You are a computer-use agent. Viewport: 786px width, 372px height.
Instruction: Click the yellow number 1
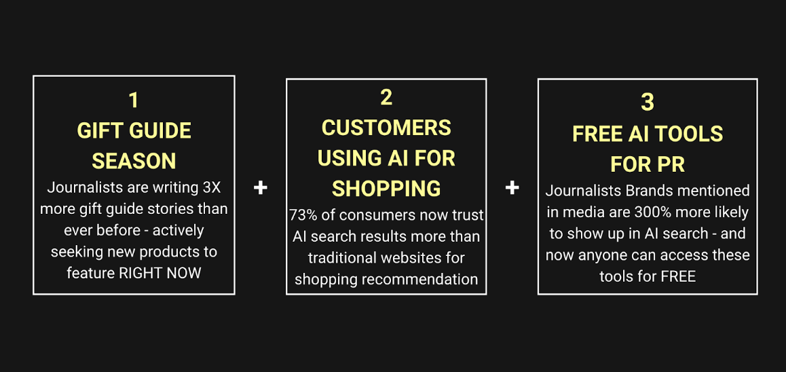tap(134, 100)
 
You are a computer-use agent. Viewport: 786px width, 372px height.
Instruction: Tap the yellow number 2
tap(386, 98)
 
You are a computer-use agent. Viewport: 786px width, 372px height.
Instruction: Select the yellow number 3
tap(648, 103)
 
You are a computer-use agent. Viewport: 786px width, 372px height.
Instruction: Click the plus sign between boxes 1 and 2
tap(261, 187)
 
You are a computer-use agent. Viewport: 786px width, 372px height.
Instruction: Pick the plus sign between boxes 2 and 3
tap(512, 187)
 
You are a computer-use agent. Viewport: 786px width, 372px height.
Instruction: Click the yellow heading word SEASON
tap(134, 161)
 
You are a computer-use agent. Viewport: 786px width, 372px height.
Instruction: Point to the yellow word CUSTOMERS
tap(386, 128)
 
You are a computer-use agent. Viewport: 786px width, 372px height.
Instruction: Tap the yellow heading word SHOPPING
tap(386, 188)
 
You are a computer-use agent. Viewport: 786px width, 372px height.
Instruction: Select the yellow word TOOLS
tap(691, 134)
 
